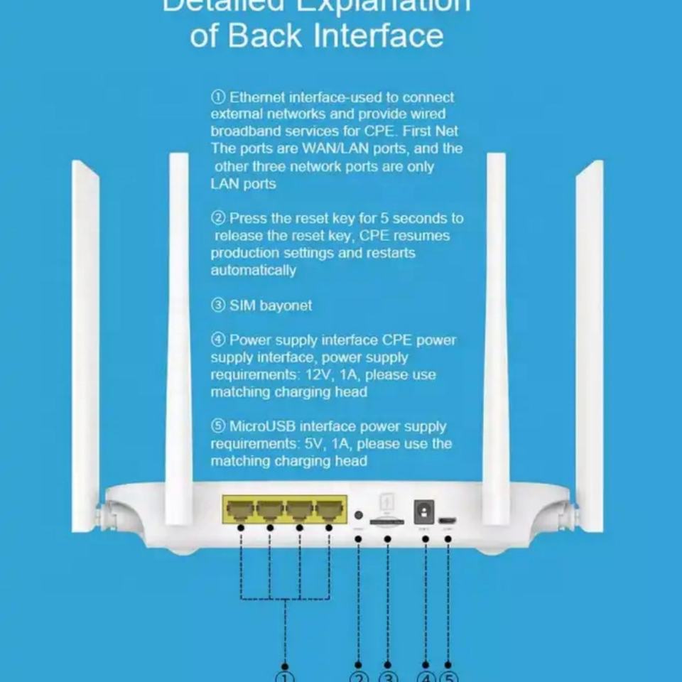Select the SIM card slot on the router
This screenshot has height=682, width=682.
click(387, 521)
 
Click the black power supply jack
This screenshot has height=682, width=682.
click(425, 511)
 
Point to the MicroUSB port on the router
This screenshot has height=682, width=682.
click(448, 521)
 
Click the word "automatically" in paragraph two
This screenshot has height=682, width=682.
click(253, 270)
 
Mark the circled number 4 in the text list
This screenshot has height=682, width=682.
click(218, 340)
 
